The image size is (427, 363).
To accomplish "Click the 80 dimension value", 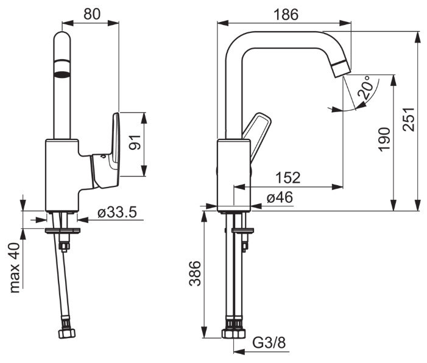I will [x=91, y=14].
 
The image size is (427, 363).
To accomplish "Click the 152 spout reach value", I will [x=288, y=177].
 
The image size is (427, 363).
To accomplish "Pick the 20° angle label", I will [x=365, y=89].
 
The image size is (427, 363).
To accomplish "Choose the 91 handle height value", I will [x=136, y=144].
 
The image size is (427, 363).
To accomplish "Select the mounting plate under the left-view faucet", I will [x=63, y=230].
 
